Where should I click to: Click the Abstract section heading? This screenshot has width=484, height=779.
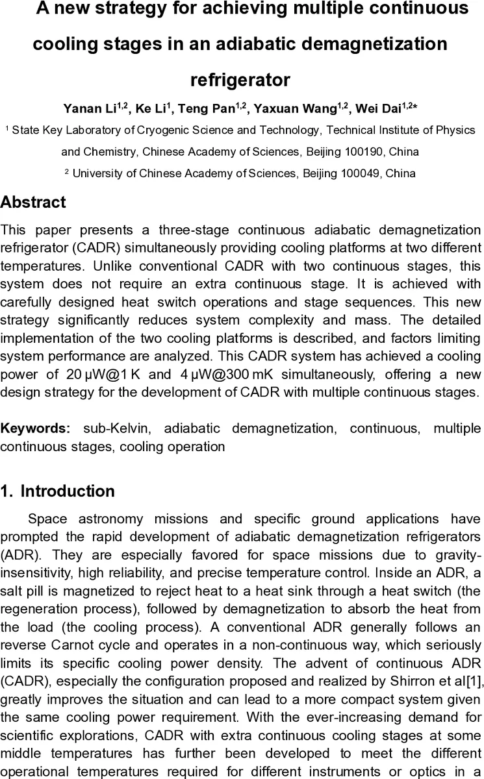point(33,202)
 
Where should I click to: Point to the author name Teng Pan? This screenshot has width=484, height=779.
point(207,108)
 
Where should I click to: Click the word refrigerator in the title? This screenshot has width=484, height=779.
point(240,80)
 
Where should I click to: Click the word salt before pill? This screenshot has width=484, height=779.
point(11,591)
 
